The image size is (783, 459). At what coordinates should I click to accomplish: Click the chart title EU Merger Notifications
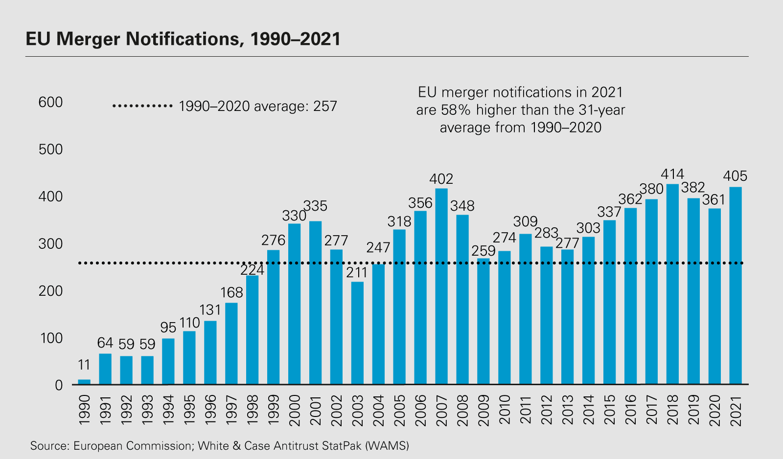[x=183, y=39]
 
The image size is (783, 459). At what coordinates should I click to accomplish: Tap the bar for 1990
[x=84, y=382]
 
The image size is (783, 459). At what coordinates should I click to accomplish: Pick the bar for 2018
[x=672, y=284]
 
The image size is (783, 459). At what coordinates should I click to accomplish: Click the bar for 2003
[x=357, y=333]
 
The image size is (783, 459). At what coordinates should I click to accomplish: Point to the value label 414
[x=672, y=175]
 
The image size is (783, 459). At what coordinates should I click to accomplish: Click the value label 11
[x=84, y=365]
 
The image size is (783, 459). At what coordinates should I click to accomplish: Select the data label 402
[x=441, y=179]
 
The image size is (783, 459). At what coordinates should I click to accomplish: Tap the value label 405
[x=735, y=176]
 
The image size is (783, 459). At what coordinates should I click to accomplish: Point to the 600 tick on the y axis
[x=51, y=102]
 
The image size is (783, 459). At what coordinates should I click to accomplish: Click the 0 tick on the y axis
[x=59, y=385]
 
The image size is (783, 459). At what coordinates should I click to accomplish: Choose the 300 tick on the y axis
[x=51, y=243]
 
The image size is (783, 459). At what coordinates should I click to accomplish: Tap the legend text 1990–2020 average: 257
[x=258, y=106]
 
